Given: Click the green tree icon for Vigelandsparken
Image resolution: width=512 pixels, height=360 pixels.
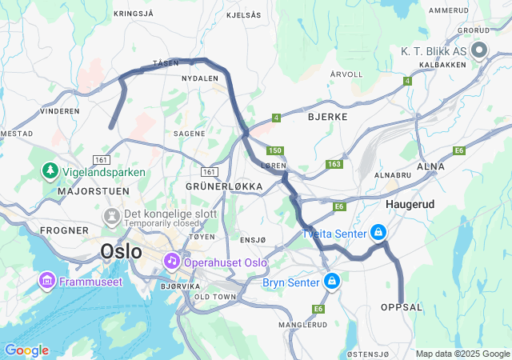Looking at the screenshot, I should tap(50, 171).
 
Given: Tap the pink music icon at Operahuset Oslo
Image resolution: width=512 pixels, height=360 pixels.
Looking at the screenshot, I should tap(171, 262).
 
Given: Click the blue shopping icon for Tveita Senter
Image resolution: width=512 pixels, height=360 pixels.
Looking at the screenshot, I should tap(377, 233).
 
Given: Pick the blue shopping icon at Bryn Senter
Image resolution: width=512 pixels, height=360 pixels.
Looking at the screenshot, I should tap(331, 282).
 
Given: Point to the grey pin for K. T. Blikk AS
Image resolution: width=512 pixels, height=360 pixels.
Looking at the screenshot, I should tap(480, 51).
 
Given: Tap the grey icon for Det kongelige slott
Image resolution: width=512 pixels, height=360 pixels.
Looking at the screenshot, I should tap(110, 216).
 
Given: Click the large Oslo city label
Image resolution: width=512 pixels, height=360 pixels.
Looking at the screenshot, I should tap(121, 251).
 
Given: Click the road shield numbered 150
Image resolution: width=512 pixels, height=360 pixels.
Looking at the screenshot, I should tap(276, 150).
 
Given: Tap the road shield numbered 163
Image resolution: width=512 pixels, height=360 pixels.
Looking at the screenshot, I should tap(334, 164).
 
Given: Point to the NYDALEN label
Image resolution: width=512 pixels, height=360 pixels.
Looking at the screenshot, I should tap(200, 79).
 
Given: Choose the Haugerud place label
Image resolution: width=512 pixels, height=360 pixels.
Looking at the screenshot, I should tap(410, 205).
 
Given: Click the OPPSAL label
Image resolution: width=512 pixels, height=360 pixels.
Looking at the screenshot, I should tap(401, 307).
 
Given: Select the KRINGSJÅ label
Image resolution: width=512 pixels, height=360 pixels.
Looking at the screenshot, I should tap(133, 14).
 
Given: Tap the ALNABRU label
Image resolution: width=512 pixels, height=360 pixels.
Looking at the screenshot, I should tap(393, 173).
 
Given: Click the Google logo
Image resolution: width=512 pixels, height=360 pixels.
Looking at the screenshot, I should tap(26, 350).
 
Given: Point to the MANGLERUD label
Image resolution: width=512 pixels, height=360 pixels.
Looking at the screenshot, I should tap(302, 325).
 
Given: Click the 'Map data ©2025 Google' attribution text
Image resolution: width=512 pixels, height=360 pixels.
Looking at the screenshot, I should tap(462, 354).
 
